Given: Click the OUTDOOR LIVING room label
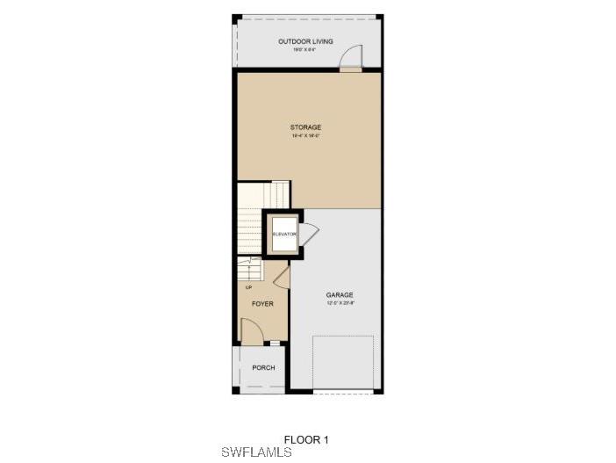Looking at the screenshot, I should [x=306, y=41].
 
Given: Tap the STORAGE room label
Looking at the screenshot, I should [x=306, y=127].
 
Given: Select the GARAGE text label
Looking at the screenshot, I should [x=339, y=295].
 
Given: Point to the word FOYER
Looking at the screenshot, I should [x=262, y=304].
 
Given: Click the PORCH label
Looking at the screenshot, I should [x=263, y=367].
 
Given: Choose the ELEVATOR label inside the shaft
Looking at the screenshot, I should [x=283, y=235].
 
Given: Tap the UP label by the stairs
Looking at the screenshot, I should [x=248, y=286].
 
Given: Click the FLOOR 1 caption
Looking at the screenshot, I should [x=306, y=439].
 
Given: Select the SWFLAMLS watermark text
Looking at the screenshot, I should [x=256, y=452].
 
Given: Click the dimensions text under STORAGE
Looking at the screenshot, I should [x=306, y=136].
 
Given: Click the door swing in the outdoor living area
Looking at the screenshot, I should [x=352, y=56].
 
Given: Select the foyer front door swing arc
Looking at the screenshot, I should [x=252, y=330].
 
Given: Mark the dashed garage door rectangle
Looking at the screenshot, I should [x=342, y=362].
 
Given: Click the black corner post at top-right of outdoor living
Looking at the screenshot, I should [x=379, y=17].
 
